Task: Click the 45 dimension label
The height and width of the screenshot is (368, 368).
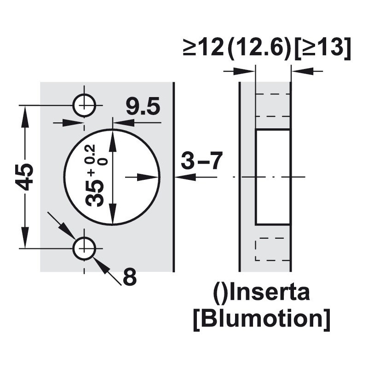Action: point(25,177)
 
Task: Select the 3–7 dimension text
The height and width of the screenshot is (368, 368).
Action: point(201,161)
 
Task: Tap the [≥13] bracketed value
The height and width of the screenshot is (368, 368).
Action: point(322,48)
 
